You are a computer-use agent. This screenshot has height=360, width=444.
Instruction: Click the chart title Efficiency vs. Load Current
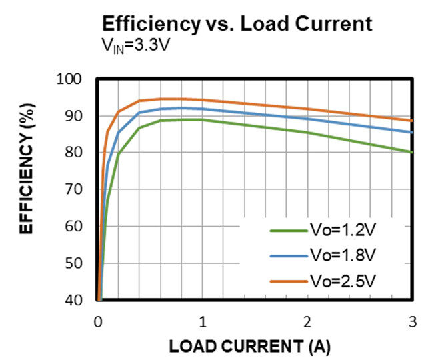tap(237, 24)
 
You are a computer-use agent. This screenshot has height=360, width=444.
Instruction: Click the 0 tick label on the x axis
tap(97, 321)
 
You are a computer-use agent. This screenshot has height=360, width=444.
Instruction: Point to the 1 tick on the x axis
tap(202, 321)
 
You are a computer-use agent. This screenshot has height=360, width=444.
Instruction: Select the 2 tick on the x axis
tap(307, 321)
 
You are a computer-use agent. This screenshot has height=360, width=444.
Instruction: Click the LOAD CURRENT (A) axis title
tap(249, 347)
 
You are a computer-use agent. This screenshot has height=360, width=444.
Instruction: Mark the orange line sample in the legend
tap(287, 280)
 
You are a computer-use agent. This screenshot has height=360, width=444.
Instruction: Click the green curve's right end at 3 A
tap(412, 152)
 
